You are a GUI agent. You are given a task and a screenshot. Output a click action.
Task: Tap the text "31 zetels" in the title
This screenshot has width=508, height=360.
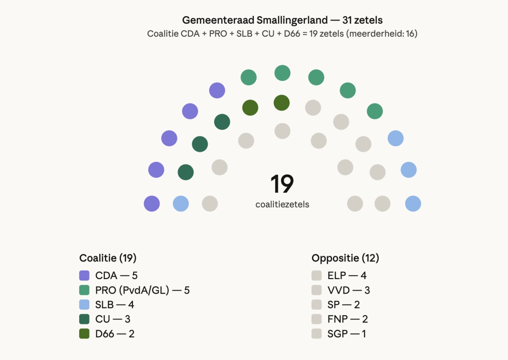363,20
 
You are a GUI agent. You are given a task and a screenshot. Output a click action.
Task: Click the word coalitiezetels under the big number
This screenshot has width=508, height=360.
282,205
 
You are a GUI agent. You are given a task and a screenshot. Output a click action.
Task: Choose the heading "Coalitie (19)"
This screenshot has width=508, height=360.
108,258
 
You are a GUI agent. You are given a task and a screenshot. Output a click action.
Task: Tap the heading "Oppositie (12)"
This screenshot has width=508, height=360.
345,258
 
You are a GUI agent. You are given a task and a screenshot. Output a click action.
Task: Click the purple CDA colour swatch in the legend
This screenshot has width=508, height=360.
84,276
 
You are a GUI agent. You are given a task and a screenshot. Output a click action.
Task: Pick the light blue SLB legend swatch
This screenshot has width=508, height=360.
84,305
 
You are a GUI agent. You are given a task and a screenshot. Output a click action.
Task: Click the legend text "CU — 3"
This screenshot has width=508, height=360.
113,319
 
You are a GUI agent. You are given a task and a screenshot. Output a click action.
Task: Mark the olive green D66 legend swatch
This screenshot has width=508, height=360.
84,333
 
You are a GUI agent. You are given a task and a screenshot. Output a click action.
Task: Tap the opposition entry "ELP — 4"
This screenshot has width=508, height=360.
347,276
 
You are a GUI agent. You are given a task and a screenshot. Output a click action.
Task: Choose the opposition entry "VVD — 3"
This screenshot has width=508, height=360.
348,290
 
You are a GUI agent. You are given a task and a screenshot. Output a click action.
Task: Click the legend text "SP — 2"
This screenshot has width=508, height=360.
343,305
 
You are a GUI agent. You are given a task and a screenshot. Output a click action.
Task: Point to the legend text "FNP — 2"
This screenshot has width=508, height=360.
347,319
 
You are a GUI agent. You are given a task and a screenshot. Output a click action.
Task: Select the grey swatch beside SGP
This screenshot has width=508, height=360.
317,333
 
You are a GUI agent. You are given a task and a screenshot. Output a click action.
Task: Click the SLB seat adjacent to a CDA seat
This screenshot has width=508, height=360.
181,204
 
